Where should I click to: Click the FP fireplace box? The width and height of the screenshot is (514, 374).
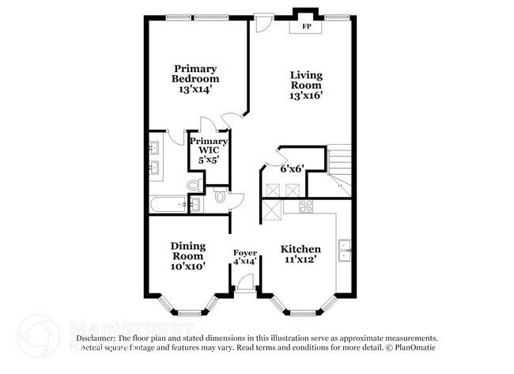tap(305, 26)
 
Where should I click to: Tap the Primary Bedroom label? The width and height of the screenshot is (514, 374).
tap(195, 74)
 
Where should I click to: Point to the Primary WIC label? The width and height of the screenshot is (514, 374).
tap(209, 145)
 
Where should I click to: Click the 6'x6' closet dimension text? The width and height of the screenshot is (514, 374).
tap(292, 168)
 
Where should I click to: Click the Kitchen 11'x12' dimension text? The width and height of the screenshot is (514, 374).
tap(301, 262)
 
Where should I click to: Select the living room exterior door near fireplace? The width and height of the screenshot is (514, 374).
tap(263, 23)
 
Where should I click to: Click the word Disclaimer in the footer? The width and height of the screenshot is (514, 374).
tap(95, 338)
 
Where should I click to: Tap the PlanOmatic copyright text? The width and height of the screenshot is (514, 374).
tap(410, 346)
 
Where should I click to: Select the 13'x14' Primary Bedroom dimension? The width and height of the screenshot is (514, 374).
tap(195, 89)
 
